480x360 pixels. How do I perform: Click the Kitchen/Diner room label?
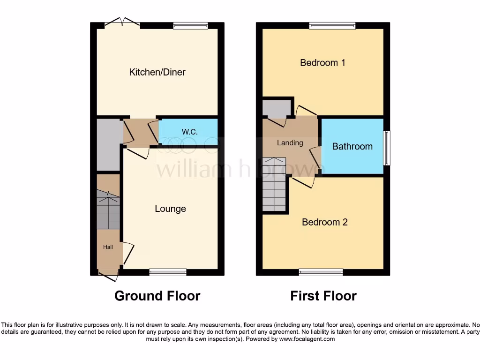coord(157,72)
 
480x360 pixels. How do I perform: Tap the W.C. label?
coord(189,132)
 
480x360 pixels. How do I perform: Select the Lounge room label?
coord(170,209)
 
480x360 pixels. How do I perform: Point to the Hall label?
coord(108,247)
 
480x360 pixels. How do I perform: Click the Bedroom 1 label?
coord(322,62)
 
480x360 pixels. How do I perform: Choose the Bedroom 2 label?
coord(324,222)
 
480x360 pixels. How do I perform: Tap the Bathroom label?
coord(352,146)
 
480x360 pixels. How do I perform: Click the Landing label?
coord(290,142)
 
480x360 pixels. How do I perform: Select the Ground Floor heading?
coord(157,296)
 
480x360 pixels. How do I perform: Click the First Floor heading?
coord(323,296)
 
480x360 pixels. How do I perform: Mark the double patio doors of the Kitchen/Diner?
coord(122,22)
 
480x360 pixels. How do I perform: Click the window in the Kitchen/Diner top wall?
coord(190,26)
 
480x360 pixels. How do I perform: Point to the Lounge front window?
coord(168,272)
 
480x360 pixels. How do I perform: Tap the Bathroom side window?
coord(386,148)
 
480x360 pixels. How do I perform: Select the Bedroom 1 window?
coord(332,26)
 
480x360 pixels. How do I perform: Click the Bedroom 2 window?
coord(321,272)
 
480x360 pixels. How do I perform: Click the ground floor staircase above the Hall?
coord(108,209)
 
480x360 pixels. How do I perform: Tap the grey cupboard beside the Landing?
coord(277,108)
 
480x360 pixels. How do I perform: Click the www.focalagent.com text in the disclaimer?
coord(308,338)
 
